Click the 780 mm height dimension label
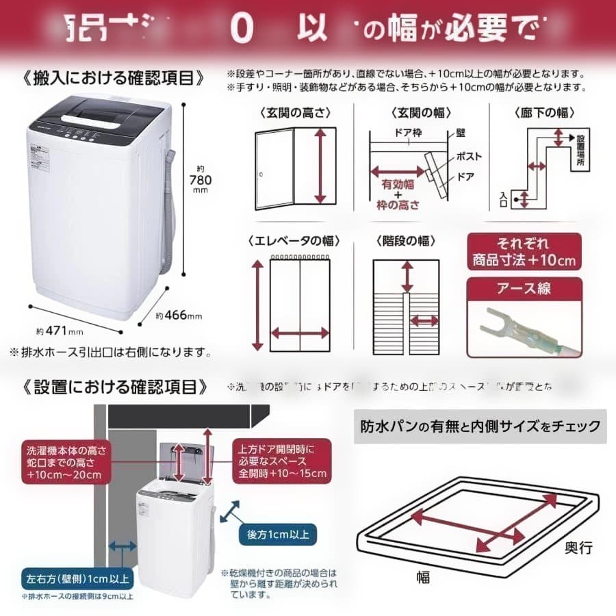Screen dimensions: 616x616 (201, 179)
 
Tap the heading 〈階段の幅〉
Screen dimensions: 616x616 (405, 241)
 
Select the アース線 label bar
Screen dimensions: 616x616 (524, 288)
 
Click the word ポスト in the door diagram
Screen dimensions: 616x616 (469, 156)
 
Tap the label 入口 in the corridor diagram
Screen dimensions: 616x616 (504, 198)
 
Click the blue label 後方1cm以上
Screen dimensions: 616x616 (277, 533)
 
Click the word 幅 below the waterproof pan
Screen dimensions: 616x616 (423, 578)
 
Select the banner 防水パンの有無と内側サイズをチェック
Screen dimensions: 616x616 (480, 426)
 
